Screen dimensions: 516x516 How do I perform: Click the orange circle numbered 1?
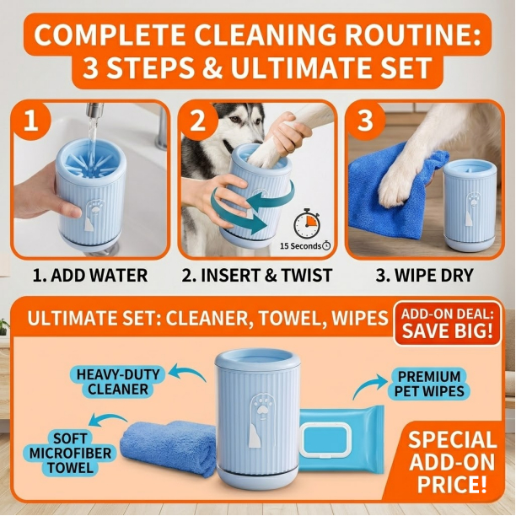[31, 121]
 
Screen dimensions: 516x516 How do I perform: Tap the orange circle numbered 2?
[198, 121]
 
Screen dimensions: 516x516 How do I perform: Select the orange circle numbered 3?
[365, 121]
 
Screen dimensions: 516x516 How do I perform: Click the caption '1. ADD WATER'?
[90, 275]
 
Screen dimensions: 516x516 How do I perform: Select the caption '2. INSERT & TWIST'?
[256, 275]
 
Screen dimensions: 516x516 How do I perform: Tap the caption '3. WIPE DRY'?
[424, 275]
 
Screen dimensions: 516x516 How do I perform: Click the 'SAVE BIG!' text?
[448, 331]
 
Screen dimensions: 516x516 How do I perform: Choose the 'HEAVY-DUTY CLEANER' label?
[118, 382]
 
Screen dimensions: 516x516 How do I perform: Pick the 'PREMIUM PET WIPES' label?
[429, 384]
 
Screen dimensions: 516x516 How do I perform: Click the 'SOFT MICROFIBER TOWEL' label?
[71, 453]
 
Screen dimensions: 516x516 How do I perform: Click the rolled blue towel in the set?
[168, 448]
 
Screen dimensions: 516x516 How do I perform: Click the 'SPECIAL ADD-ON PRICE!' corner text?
[452, 460]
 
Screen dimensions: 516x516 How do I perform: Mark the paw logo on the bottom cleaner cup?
[261, 407]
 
